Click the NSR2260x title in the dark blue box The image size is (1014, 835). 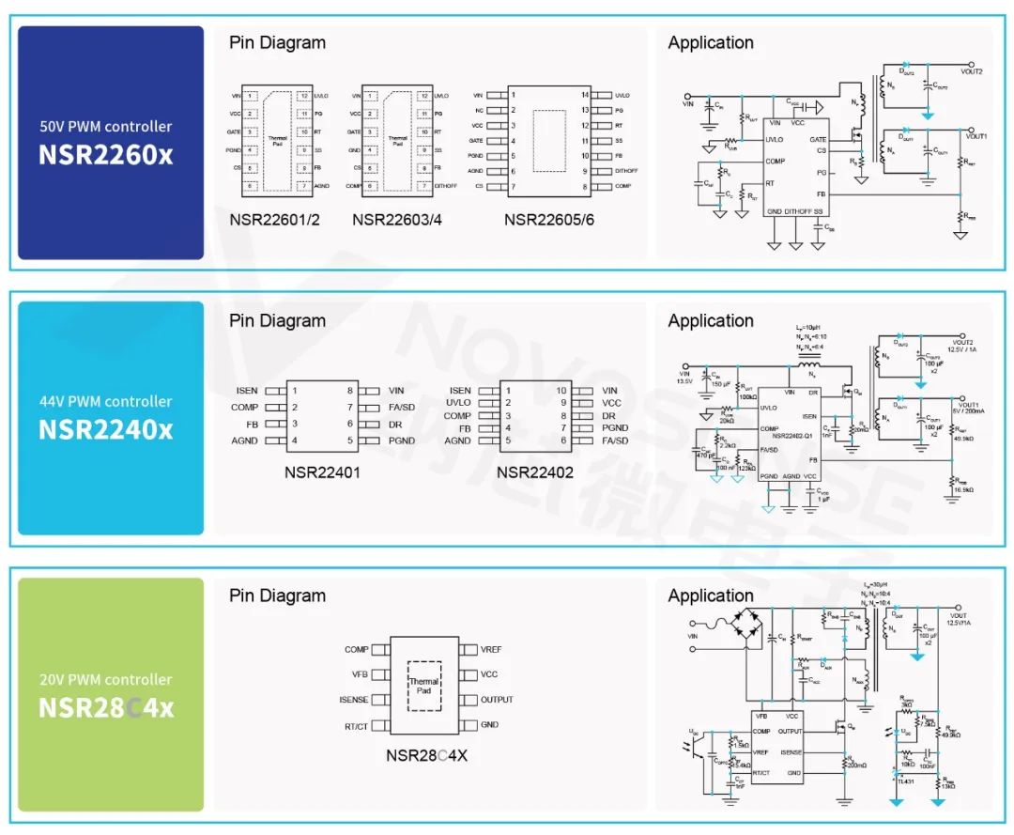click(x=106, y=154)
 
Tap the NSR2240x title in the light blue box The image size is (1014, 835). click(x=106, y=429)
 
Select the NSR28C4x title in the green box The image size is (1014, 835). click(x=106, y=707)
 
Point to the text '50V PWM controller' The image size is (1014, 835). click(x=106, y=126)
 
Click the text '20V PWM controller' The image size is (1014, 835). click(x=106, y=679)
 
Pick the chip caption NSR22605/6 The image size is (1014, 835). click(x=549, y=220)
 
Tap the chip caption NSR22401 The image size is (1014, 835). click(x=322, y=472)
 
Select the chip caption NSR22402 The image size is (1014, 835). click(x=534, y=472)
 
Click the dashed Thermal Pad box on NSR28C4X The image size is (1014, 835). click(x=423, y=687)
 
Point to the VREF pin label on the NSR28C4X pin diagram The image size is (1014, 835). click(x=491, y=649)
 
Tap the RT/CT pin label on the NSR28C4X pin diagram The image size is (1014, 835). click(x=356, y=725)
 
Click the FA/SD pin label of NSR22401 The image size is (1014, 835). click(x=402, y=408)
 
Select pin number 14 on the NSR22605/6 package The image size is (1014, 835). click(x=585, y=95)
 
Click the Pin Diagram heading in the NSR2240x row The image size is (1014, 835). click(x=277, y=320)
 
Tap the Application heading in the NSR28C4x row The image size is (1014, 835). click(x=711, y=595)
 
